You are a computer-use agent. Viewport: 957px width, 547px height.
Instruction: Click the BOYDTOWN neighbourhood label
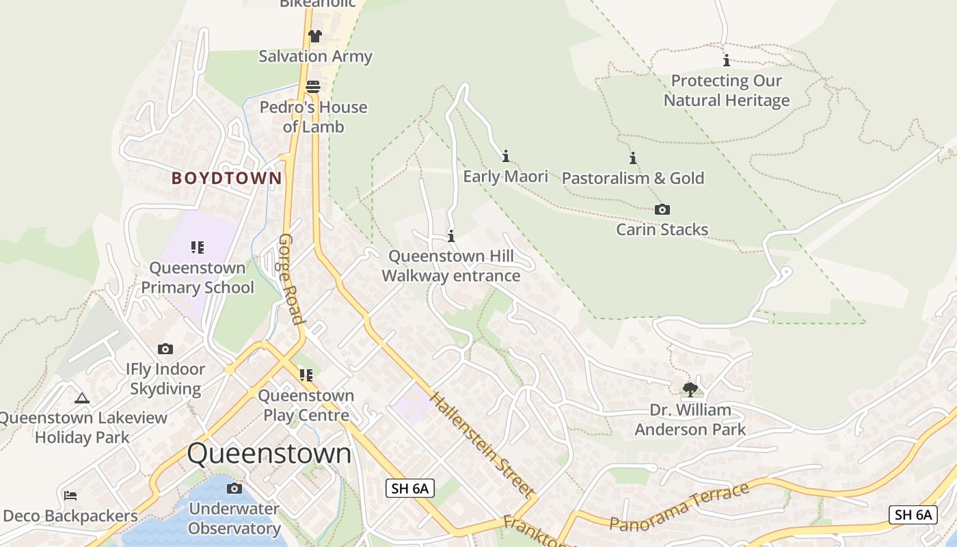point(226,178)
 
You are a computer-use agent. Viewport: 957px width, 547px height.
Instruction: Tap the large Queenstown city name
point(269,454)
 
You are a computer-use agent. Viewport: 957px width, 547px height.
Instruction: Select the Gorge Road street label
point(291,279)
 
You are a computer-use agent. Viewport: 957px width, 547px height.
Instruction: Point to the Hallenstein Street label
point(481,444)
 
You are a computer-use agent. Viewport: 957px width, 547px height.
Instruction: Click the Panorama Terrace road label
point(679,507)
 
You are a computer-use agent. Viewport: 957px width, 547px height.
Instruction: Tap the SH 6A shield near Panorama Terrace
point(913,515)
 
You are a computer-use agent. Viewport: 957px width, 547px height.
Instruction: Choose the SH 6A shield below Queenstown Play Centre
point(410,488)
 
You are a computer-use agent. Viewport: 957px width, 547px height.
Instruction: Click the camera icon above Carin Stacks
point(662,209)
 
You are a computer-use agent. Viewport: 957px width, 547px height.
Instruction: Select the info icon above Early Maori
point(506,156)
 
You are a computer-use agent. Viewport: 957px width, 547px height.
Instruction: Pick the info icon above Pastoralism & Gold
point(633,158)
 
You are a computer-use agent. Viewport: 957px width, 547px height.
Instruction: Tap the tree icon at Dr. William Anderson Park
point(690,390)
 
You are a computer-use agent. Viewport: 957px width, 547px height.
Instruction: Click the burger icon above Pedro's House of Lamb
point(313,87)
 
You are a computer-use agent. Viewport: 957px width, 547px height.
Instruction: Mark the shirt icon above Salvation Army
point(314,36)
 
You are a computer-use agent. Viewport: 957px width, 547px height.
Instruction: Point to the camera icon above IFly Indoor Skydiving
point(165,349)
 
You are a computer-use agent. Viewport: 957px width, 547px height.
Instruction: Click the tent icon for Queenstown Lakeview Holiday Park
point(82,398)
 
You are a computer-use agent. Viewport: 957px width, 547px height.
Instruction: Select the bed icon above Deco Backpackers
point(70,496)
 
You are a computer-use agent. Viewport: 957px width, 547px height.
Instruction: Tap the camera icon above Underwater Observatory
point(234,488)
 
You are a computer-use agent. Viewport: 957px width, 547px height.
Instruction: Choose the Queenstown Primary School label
point(198,278)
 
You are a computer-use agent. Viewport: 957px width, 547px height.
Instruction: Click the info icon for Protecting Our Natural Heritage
point(726,60)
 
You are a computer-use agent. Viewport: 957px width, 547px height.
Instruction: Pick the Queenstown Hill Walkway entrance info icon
point(451,237)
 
